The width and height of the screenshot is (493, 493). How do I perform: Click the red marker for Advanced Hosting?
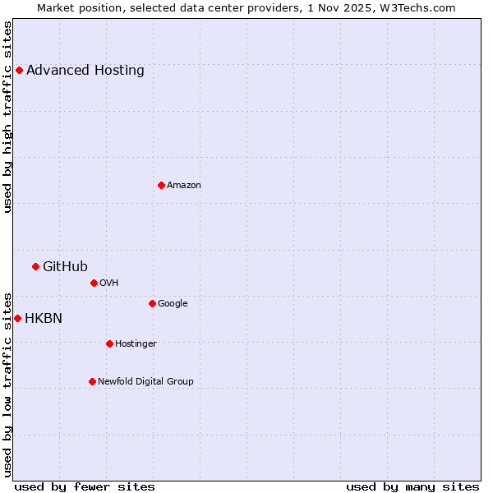[x=19, y=70]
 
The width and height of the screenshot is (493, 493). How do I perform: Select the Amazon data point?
[x=161, y=185]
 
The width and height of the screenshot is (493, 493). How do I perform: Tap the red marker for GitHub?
[x=35, y=266]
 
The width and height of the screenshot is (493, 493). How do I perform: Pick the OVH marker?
[x=94, y=283]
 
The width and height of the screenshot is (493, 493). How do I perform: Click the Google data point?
[x=152, y=303]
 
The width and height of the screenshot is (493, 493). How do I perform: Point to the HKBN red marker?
[x=17, y=318]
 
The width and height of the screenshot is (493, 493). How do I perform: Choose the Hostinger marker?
[x=109, y=343]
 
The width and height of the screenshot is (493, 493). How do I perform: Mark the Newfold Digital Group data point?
[x=92, y=381]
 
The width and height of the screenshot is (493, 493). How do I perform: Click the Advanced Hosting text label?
[x=85, y=70]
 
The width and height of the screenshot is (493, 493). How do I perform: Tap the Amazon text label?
[x=184, y=185]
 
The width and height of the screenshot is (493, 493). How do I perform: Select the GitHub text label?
[x=65, y=266]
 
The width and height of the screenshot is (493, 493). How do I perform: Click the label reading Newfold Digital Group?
[x=145, y=381]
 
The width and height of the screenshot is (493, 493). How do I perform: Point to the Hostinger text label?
[x=136, y=343]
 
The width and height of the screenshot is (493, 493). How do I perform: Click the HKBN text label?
[x=43, y=318]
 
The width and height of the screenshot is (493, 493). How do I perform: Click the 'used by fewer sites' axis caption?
[x=85, y=486]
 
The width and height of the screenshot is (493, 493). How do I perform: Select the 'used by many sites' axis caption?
[x=412, y=486]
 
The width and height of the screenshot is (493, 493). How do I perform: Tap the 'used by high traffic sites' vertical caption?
[x=8, y=117]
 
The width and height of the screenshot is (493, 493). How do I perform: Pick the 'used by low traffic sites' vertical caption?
[x=8, y=384]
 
